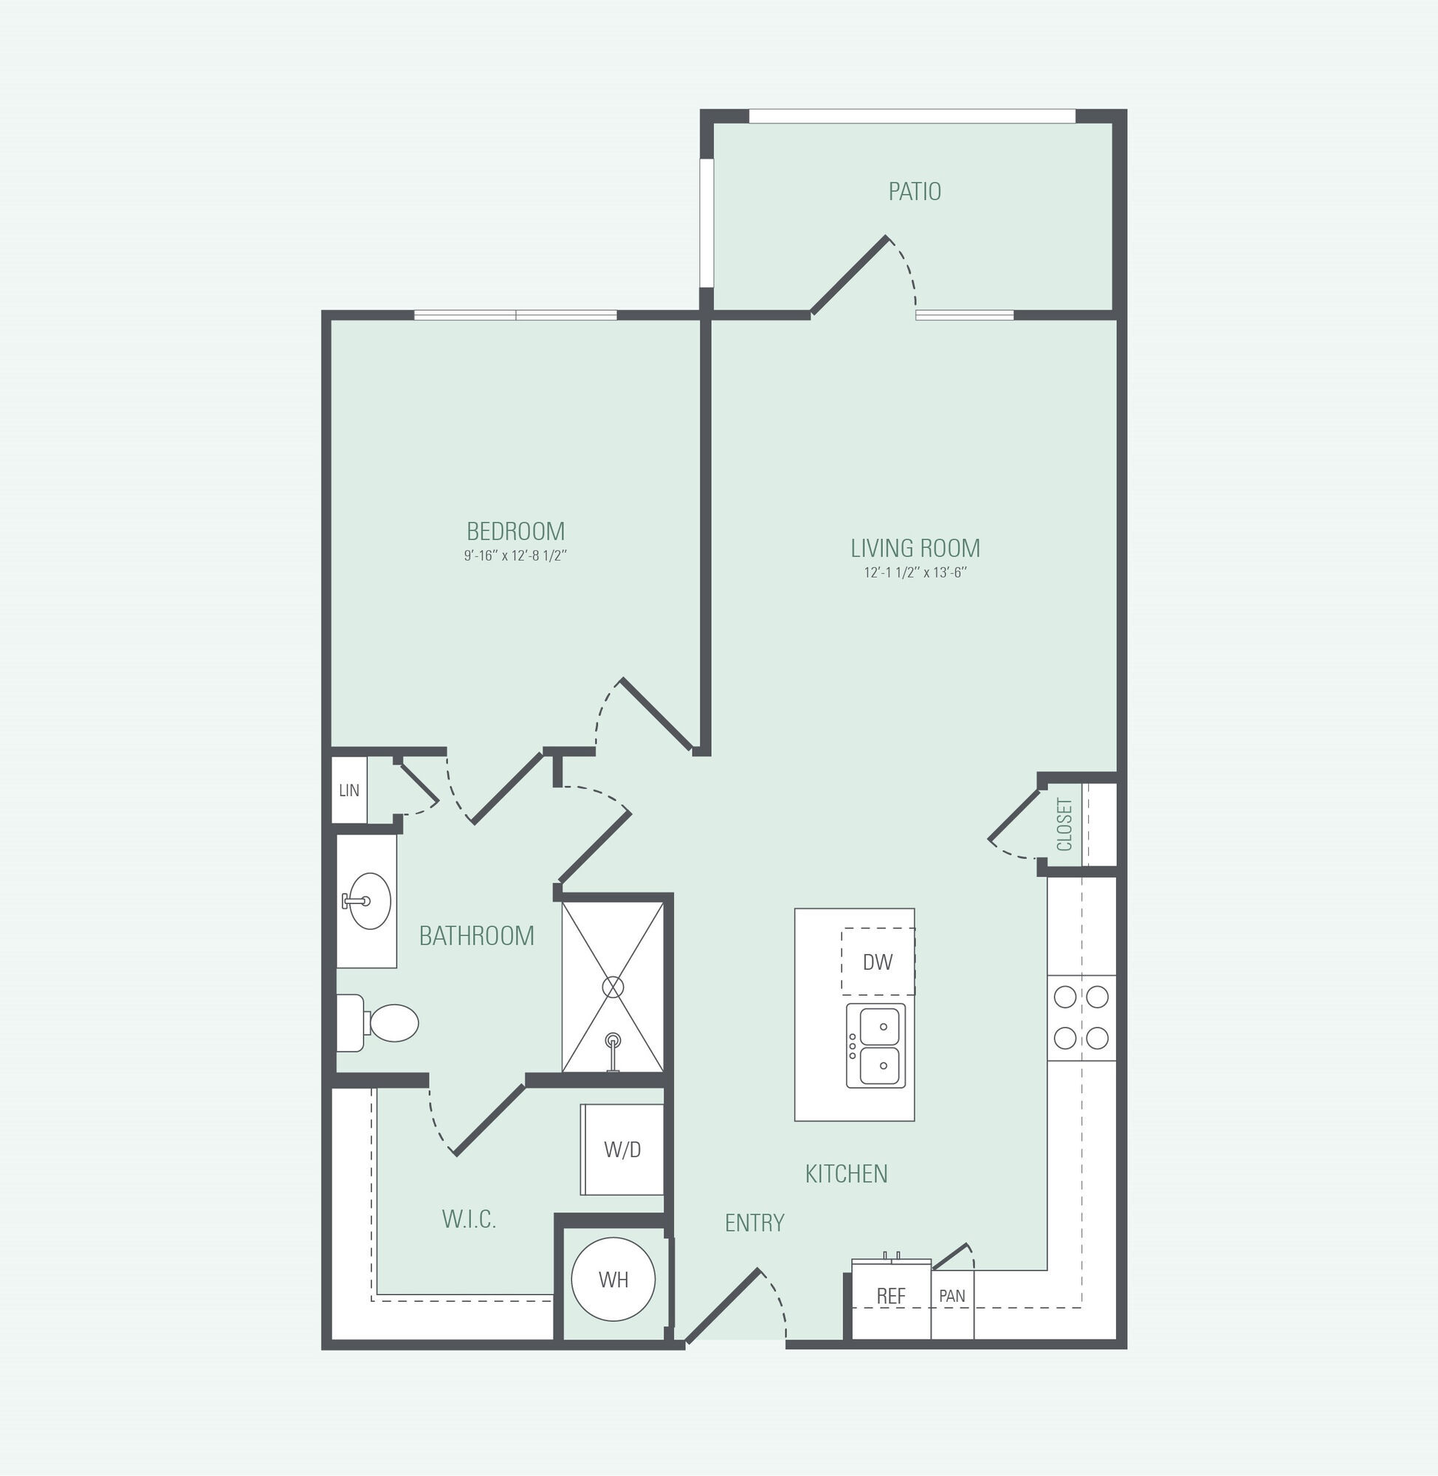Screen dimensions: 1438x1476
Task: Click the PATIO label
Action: [915, 192]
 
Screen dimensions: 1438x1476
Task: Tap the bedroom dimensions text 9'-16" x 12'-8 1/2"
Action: [515, 556]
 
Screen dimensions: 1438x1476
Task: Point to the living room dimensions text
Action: [915, 572]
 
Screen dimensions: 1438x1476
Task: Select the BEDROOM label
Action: [516, 531]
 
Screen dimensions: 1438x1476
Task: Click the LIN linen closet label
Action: [349, 790]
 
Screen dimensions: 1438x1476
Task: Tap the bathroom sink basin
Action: [367, 900]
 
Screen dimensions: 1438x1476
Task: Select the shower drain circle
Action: [613, 986]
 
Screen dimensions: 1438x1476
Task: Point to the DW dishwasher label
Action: [878, 962]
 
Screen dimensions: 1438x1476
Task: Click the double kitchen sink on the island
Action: [876, 1046]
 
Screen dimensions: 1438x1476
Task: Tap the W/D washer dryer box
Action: [622, 1150]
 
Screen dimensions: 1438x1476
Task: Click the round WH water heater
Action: [613, 1279]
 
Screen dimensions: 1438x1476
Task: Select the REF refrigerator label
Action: [891, 1297]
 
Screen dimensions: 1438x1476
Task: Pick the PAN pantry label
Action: [952, 1295]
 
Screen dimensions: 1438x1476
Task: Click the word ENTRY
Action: [754, 1222]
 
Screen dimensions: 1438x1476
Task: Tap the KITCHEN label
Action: [847, 1173]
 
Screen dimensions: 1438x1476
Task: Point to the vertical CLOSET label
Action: [1065, 824]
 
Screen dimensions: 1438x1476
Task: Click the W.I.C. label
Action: [469, 1218]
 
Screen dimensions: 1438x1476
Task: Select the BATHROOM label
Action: [477, 937]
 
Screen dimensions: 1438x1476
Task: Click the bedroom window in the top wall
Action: [516, 315]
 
